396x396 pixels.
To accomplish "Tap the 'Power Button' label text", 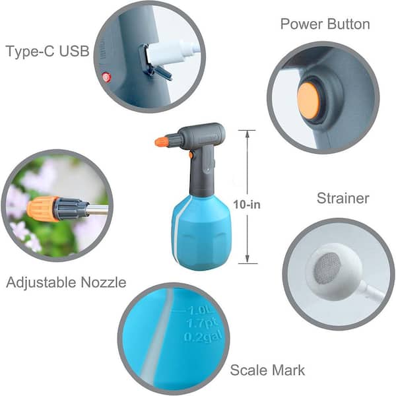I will pyautogui.click(x=325, y=24).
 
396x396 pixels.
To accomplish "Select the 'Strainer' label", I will pyautogui.click(x=343, y=198).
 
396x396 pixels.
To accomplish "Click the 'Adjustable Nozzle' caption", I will pyautogui.click(x=65, y=283).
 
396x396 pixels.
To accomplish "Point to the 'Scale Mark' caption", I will pyautogui.click(x=267, y=370).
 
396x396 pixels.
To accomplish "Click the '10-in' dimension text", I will pyautogui.click(x=247, y=204).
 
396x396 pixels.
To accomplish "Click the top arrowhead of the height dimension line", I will pyautogui.click(x=247, y=132).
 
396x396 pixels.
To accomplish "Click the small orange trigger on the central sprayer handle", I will pyautogui.click(x=191, y=155).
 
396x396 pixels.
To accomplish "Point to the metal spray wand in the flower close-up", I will pyautogui.click(x=98, y=210).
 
